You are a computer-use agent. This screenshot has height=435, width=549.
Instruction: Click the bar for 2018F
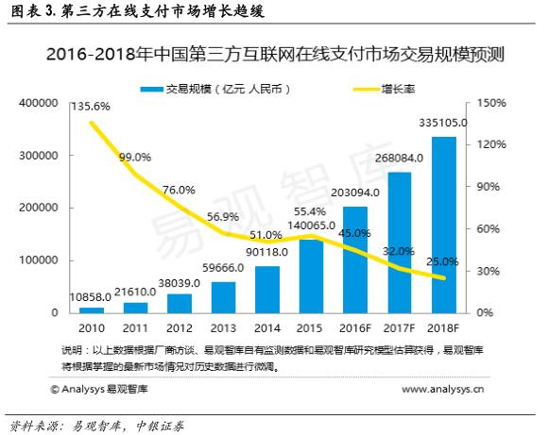[443, 225]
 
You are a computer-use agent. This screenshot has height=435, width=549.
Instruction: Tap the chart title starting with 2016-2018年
[274, 55]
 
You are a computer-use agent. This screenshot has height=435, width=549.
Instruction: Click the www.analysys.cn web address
[442, 388]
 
